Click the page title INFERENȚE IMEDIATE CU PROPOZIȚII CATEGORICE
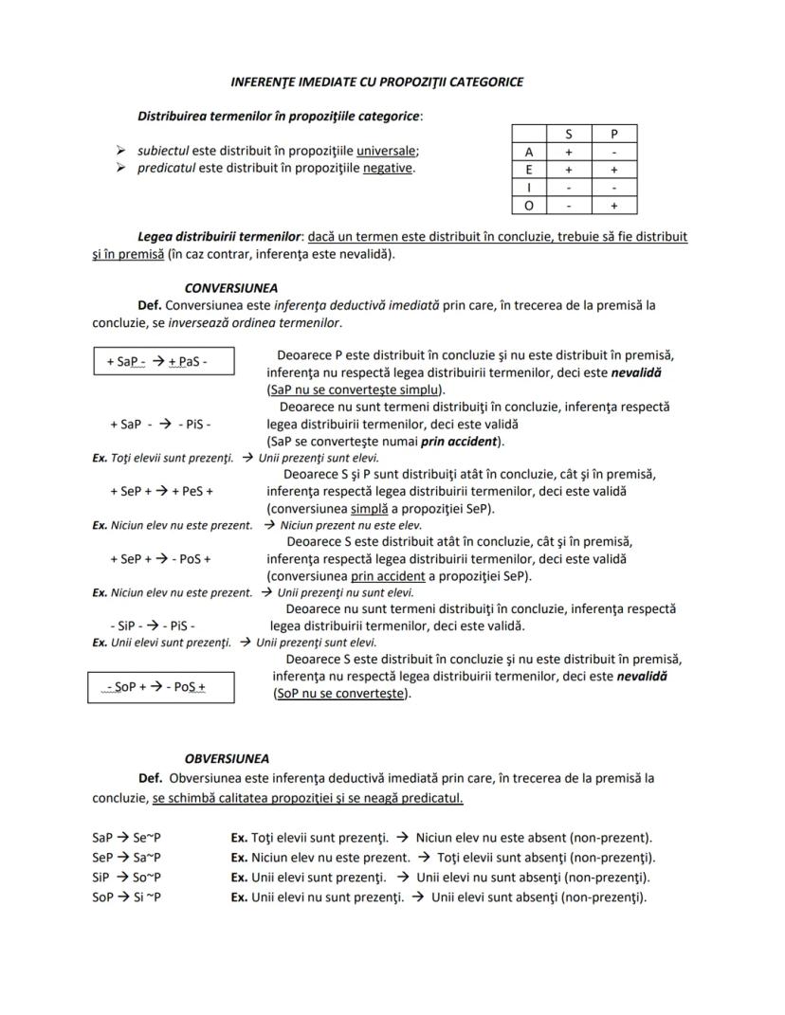[x=377, y=82]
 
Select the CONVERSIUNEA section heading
[x=231, y=287]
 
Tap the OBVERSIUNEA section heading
[x=227, y=758]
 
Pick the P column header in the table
[x=613, y=134]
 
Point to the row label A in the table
[x=529, y=152]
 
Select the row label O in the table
[x=529, y=205]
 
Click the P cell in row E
[x=613, y=170]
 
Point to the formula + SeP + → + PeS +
[x=161, y=491]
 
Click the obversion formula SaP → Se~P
[x=126, y=838]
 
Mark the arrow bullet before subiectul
[x=120, y=151]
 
